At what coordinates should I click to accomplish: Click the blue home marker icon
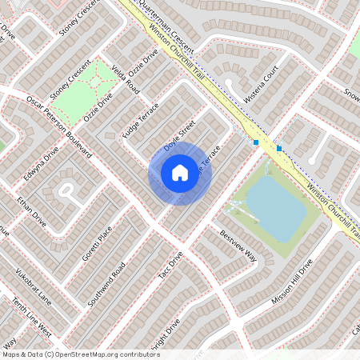pyautogui.click(x=180, y=172)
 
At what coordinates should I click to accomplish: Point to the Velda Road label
pyautogui.click(x=126, y=80)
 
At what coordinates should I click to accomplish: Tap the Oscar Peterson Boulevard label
pyautogui.click(x=60, y=120)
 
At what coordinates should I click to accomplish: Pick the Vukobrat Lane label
pyautogui.click(x=31, y=286)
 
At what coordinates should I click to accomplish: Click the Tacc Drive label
pyautogui.click(x=170, y=265)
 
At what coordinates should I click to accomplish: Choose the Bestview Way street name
pyautogui.click(x=238, y=246)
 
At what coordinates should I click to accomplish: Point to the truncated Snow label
pyautogui.click(x=351, y=94)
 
